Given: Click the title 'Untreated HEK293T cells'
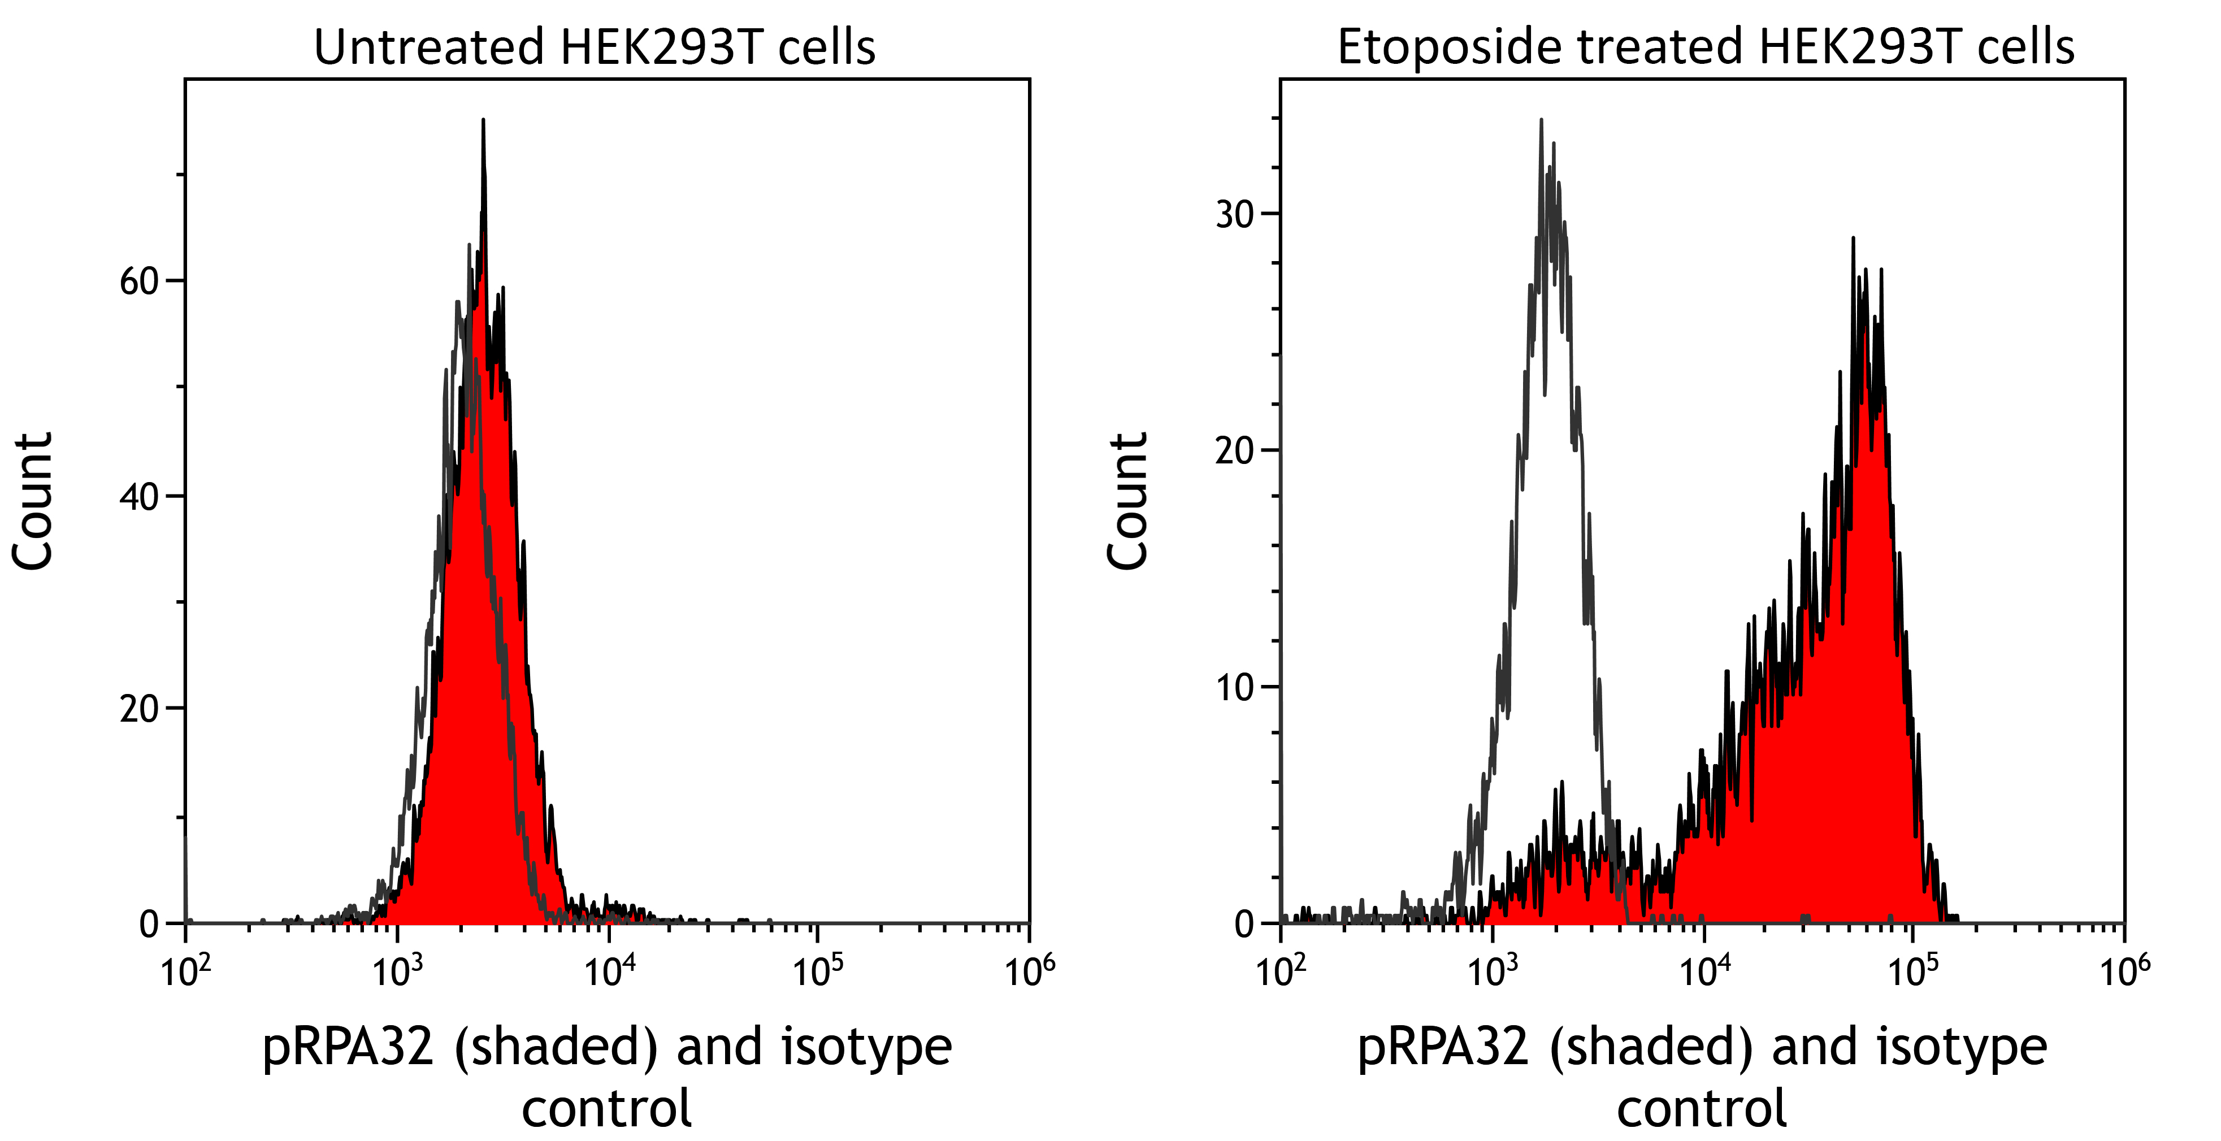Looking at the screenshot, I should point(594,47).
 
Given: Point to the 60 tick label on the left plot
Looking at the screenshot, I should point(139,281).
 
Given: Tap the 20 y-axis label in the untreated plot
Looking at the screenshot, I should point(139,709).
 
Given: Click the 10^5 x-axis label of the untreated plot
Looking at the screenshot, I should point(817,970).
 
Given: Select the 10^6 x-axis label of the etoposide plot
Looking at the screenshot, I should point(2124,970).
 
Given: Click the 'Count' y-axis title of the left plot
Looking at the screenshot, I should point(33,501).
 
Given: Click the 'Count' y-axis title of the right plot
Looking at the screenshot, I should point(1128,501).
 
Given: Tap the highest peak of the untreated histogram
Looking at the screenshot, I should point(483,121).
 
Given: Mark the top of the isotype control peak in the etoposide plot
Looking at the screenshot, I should point(1541,121).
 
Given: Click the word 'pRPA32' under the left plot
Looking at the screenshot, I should point(348,1047).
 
